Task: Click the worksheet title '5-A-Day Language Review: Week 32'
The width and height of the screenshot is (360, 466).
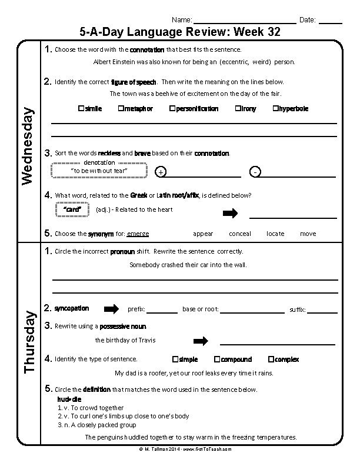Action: (179, 32)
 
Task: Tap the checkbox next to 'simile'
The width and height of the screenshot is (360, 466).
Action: (81, 109)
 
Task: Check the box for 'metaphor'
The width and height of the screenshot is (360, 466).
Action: (120, 109)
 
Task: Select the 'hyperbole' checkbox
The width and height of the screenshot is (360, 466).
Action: (275, 109)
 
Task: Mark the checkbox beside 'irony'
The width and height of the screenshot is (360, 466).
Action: (238, 109)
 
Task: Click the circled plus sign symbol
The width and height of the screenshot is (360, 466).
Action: (161, 172)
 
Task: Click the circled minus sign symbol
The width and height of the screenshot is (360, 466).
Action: (254, 172)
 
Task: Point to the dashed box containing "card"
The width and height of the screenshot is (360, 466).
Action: (71, 209)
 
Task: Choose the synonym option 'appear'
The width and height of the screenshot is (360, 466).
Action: (203, 234)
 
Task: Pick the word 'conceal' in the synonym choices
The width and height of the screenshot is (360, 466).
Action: (239, 234)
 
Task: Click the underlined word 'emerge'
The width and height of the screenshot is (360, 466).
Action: (138, 234)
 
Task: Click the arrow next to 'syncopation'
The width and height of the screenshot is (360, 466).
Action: (111, 309)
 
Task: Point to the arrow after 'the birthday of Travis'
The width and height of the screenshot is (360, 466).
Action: (201, 341)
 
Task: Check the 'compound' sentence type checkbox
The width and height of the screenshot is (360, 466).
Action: (217, 359)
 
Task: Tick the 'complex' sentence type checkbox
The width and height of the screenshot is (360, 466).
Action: (271, 359)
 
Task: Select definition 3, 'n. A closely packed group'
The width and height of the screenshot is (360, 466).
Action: (97, 424)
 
